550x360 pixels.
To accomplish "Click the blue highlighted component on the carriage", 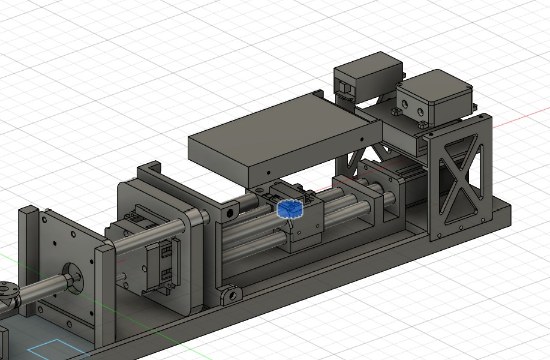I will click(290, 209).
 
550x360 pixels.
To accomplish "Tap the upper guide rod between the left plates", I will click(150, 233).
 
